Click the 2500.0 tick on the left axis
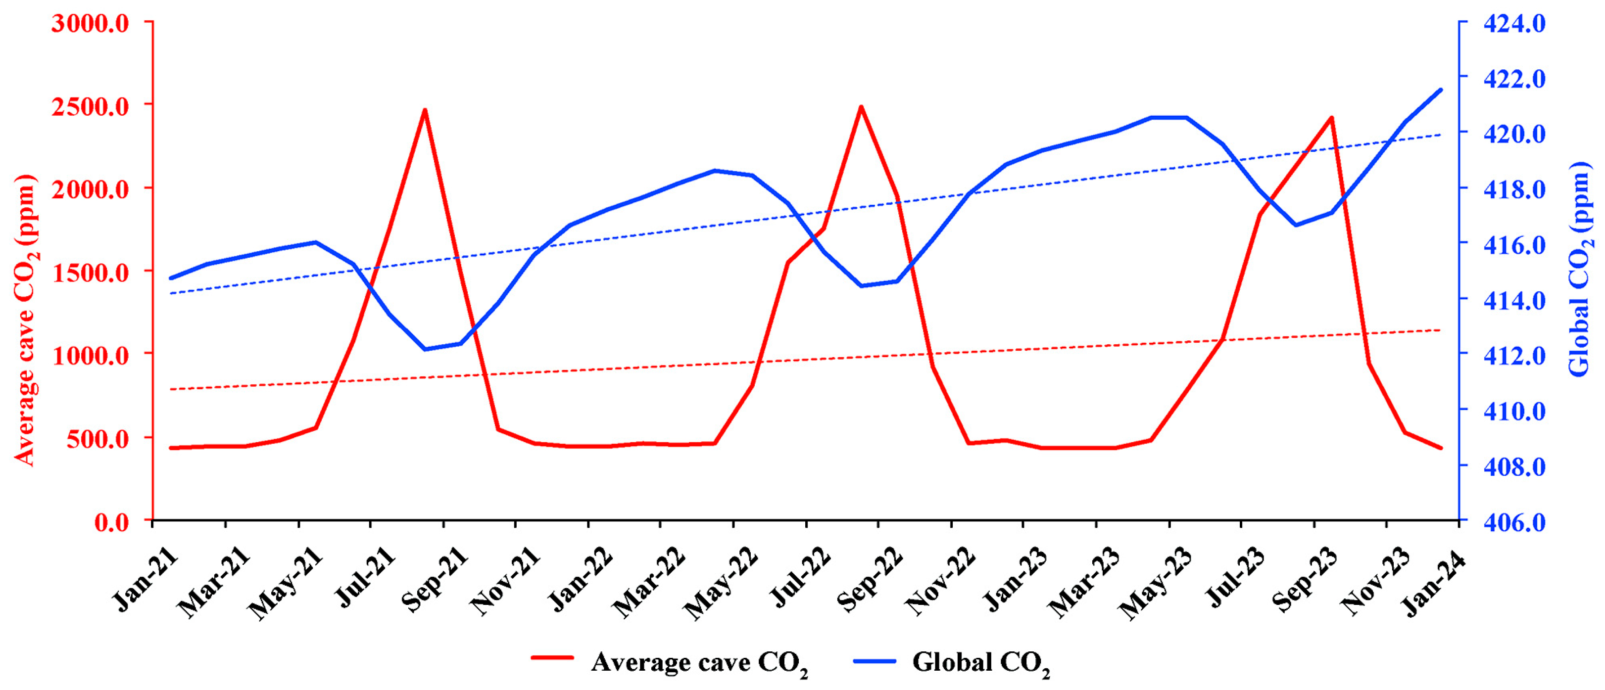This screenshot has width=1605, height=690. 91,105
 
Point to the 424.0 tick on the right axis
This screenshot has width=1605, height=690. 1514,23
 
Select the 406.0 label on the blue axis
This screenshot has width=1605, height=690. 1514,521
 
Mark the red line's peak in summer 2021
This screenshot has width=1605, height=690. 424,110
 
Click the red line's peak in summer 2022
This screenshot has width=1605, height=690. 861,107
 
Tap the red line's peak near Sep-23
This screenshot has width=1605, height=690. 1331,118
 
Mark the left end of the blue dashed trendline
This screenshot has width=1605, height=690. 171,293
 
